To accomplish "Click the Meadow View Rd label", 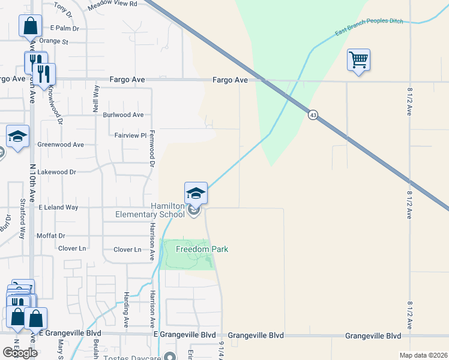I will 112,4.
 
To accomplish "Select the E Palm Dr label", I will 65,28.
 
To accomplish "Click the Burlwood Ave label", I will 124,115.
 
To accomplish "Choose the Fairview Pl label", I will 130,136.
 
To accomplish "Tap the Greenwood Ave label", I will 61,145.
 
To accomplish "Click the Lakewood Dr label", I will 56,172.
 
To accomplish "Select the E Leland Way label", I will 58,207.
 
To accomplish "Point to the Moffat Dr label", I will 50,236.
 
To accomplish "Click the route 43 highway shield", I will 313,115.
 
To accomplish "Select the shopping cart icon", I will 358,59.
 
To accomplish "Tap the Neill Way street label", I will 96,99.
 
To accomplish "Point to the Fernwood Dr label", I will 152,148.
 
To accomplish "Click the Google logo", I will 20,353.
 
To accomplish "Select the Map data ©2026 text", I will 424,355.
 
